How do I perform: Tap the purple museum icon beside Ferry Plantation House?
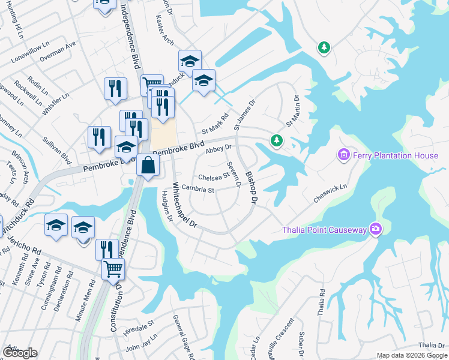click(343, 156)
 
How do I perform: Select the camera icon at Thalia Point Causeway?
click(376, 229)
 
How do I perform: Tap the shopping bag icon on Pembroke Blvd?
click(147, 165)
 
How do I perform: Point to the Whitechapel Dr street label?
click(185, 205)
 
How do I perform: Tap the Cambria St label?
click(198, 190)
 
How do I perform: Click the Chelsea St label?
click(214, 177)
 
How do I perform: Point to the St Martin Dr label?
click(294, 110)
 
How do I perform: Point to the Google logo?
click(20, 353)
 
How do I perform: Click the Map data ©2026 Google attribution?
click(411, 355)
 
